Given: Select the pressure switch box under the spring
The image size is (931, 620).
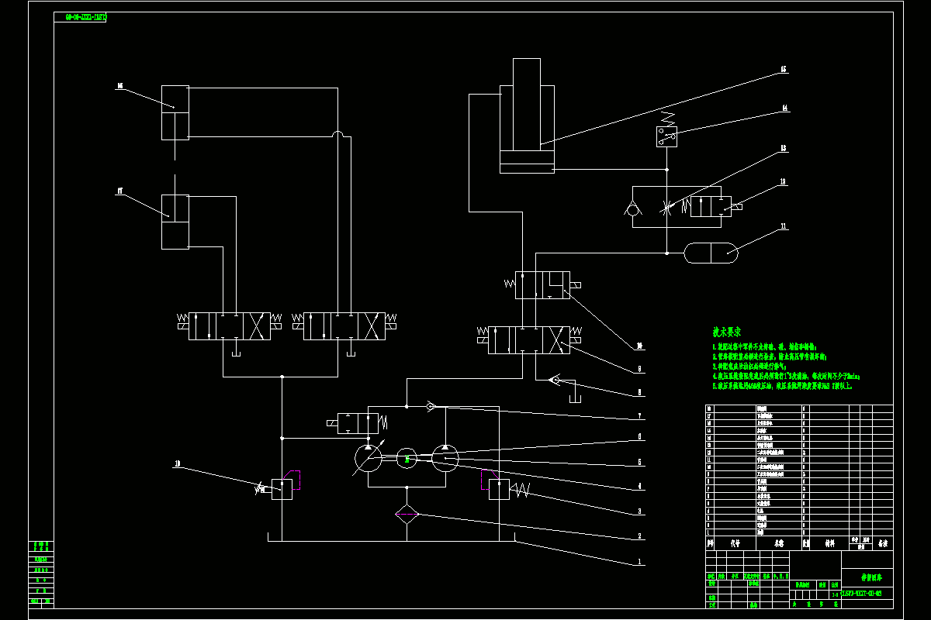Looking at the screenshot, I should [x=666, y=137].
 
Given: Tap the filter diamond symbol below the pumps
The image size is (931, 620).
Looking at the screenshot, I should [x=407, y=515].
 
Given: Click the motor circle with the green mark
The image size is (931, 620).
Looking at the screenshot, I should [x=407, y=459].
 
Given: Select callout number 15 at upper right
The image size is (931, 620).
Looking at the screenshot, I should [x=784, y=70].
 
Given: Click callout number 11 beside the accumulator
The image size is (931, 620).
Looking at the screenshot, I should [x=784, y=227].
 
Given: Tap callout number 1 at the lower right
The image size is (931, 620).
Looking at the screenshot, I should [x=639, y=561].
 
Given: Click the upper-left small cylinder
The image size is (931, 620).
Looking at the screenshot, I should [x=175, y=112].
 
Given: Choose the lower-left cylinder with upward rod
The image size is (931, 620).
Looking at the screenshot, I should [x=175, y=222].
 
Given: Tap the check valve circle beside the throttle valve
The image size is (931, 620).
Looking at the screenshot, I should [x=634, y=208].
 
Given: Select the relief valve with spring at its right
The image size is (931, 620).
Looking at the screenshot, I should [x=499, y=490].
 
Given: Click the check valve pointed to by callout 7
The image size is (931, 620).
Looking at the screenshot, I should [x=431, y=405].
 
